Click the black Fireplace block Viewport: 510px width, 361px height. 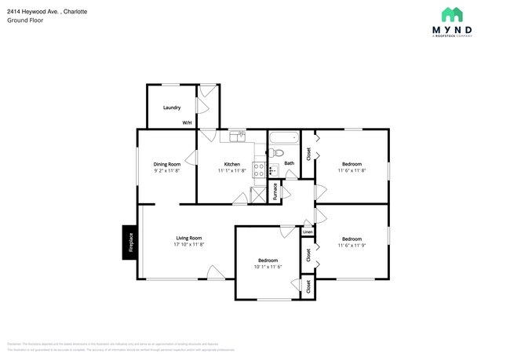click(x=129, y=242)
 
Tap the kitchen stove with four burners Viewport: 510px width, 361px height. click(x=273, y=170)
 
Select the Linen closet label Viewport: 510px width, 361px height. click(x=308, y=232)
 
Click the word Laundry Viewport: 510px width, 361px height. click(x=172, y=108)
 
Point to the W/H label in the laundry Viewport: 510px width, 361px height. click(x=188, y=123)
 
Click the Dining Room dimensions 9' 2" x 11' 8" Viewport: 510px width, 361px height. click(x=166, y=170)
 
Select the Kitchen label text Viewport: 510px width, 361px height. click(x=232, y=164)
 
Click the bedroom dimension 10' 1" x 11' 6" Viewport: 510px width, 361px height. click(x=268, y=266)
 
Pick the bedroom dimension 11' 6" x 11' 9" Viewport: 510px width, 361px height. click(x=351, y=245)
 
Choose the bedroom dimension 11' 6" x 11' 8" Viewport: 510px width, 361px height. click(x=351, y=170)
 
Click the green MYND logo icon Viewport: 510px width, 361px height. click(x=451, y=14)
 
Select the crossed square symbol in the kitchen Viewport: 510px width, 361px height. click(x=258, y=195)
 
